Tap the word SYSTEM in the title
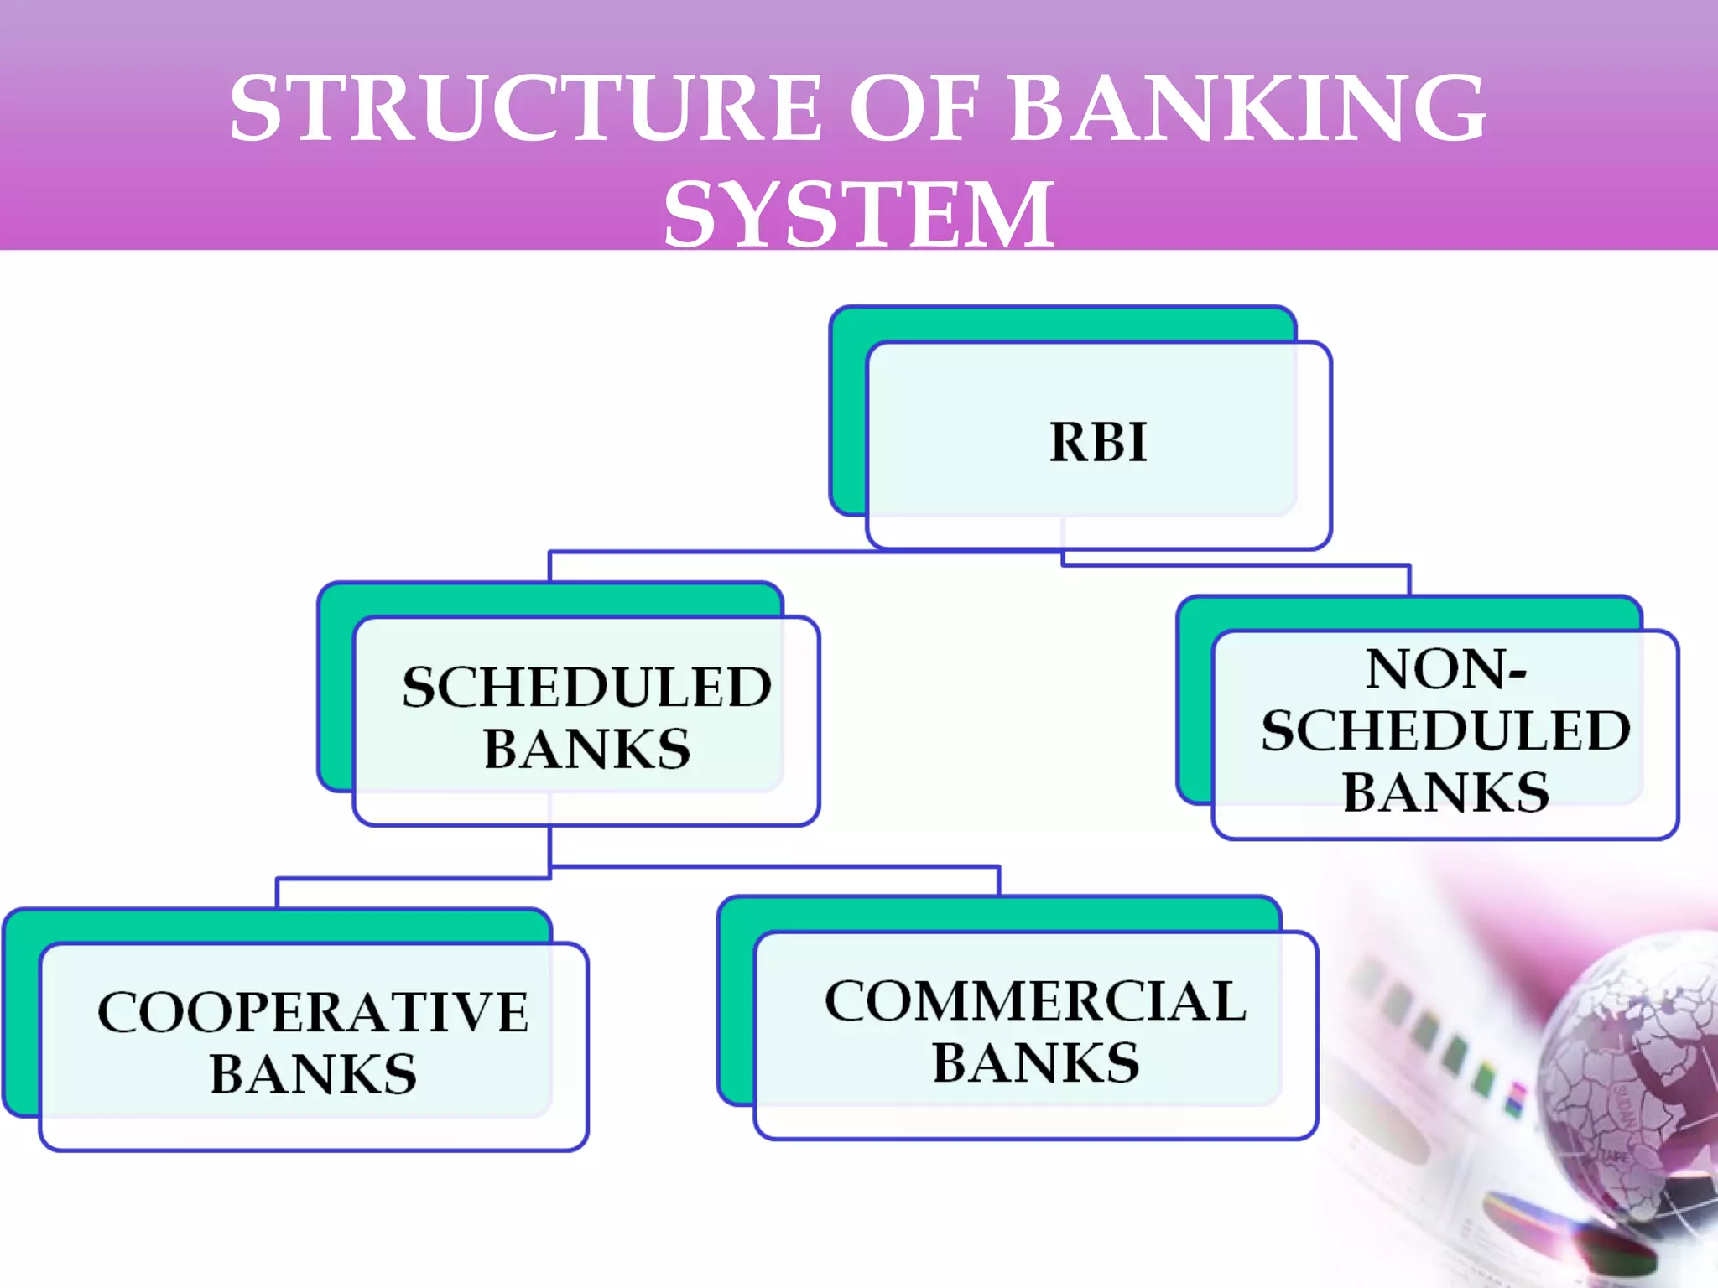858,216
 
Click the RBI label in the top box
1098,442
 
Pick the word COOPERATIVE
313,1012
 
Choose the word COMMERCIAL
1036,1001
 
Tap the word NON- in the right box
1445,669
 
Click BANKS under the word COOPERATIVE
313,1073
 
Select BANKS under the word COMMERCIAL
1036,1062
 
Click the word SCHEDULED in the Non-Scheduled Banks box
1445,730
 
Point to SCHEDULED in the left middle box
586,687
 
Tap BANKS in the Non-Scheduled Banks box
1445,792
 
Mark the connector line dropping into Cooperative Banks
278,892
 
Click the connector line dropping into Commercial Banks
998,880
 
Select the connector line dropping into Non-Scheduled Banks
1409,579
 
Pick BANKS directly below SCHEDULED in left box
586,748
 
